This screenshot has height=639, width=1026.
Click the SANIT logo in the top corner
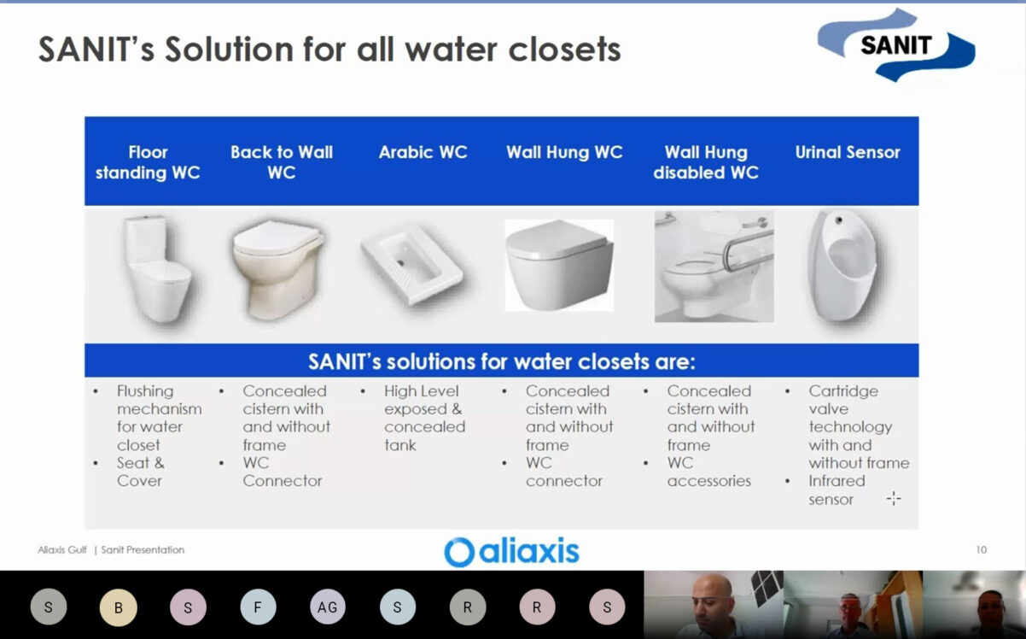coord(896,45)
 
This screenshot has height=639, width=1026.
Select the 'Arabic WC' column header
coord(423,152)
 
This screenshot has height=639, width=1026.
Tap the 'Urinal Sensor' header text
coord(848,152)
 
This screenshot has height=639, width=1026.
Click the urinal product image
coord(843,270)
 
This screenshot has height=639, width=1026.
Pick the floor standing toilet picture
coord(158,270)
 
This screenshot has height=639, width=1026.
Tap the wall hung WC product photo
coord(559,266)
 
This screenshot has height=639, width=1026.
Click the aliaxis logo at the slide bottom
coord(511,552)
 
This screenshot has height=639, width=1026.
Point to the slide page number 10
coord(981,549)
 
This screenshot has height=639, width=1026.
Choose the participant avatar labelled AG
coord(328,607)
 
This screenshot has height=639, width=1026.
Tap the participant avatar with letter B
coord(118,607)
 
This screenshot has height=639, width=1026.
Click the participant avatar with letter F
coord(258,607)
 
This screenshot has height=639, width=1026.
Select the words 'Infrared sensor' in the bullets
coord(837,490)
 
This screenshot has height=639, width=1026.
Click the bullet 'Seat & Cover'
coord(141,472)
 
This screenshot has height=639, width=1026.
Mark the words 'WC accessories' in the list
coord(709,472)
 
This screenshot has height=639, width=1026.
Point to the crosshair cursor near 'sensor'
coord(894,498)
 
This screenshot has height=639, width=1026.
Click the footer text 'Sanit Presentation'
coord(143,549)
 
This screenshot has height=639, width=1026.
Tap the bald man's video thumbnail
coord(713,605)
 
